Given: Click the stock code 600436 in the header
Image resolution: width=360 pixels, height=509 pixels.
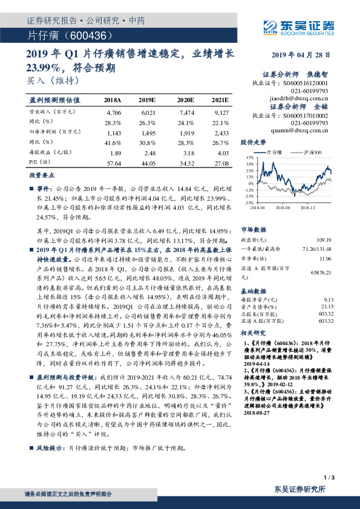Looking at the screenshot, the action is point(88,37).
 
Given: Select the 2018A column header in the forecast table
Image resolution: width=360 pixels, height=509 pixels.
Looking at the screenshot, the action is point(113,99).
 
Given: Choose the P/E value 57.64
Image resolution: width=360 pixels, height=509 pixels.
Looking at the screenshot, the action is point(114,163).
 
